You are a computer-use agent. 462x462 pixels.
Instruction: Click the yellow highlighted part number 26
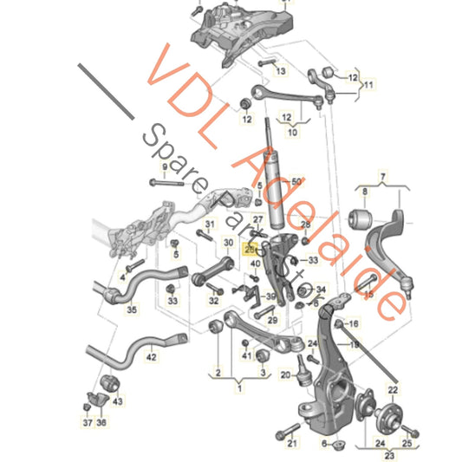point(251,248)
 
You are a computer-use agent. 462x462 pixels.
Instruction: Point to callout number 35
point(132,308)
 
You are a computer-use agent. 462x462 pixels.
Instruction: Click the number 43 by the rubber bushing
point(119,401)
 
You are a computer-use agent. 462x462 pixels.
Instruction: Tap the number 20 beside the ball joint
point(285,375)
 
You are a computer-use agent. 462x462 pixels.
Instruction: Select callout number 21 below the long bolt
point(292,444)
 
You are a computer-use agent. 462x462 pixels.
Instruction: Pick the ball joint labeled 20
point(307,379)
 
